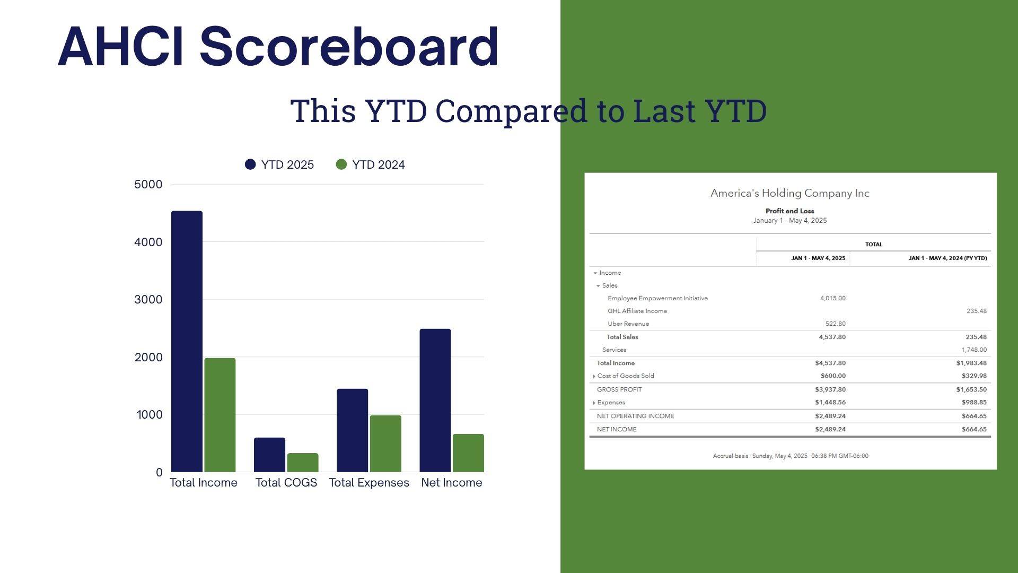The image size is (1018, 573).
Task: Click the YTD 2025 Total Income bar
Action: tap(187, 341)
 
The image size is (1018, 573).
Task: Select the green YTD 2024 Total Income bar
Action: tap(220, 415)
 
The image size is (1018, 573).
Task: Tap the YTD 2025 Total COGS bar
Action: tap(269, 455)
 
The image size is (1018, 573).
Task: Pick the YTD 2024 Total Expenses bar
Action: tap(385, 444)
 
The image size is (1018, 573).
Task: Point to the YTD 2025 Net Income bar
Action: tap(435, 401)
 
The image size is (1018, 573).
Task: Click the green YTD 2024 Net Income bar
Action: tap(468, 453)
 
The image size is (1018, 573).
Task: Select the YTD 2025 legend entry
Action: tap(279, 164)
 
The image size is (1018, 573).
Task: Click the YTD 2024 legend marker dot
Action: tap(341, 164)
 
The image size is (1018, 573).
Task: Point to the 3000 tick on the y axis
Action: tap(148, 299)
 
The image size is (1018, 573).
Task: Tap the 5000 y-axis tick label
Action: tap(148, 184)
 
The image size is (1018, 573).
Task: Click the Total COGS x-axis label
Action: tap(286, 483)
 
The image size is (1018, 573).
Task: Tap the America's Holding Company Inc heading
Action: tap(790, 193)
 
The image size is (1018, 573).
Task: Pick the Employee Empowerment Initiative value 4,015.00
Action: tap(833, 298)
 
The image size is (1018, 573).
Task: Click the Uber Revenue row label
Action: tap(628, 324)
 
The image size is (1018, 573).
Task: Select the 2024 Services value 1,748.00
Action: tap(974, 350)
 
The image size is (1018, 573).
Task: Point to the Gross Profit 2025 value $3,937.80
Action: tap(830, 389)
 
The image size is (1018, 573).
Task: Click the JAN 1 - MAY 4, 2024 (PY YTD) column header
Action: tap(947, 258)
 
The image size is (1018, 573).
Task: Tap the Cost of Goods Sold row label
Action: tap(626, 376)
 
